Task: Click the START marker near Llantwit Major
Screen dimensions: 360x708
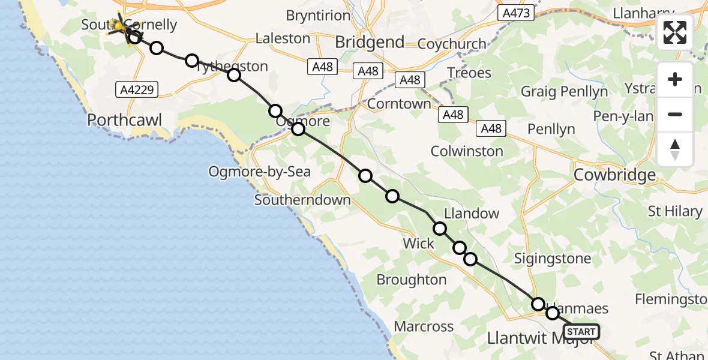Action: click(581, 332)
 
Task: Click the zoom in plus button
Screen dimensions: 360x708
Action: click(675, 80)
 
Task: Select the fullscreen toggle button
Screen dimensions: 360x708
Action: click(675, 32)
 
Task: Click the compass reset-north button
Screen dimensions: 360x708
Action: click(675, 149)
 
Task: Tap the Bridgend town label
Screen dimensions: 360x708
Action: click(370, 42)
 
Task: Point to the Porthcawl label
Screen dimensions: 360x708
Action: click(125, 119)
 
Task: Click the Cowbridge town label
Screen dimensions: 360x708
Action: click(615, 175)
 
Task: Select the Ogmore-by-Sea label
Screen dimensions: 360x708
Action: click(259, 172)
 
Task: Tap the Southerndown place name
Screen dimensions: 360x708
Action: click(302, 200)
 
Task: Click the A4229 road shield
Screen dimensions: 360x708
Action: click(137, 90)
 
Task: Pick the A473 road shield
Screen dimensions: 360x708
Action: click(516, 13)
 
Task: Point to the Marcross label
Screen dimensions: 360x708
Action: click(424, 327)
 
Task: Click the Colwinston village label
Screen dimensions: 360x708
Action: click(467, 151)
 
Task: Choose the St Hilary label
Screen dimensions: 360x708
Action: click(675, 211)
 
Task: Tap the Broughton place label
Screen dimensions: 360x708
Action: click(412, 280)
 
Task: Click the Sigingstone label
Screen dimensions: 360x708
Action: click(553, 259)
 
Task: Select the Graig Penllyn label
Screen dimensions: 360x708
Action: click(564, 92)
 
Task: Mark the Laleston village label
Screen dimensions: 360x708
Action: click(283, 38)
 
